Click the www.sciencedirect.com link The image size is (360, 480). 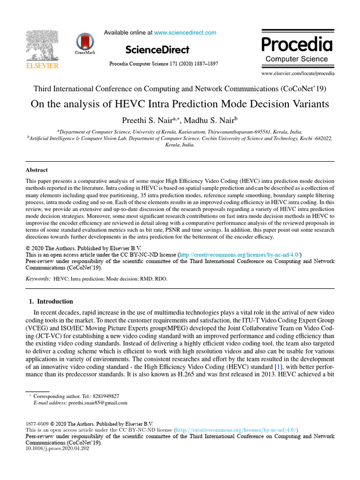point(185,32)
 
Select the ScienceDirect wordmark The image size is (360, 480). point(157,50)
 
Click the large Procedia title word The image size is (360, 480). point(297,45)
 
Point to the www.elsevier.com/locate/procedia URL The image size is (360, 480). point(298,74)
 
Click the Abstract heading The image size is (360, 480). point(37,170)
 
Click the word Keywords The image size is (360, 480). point(37,278)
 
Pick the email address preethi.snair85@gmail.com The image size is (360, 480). point(97,403)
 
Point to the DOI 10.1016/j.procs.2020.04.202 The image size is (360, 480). point(57,448)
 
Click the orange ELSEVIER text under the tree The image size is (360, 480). point(42,66)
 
